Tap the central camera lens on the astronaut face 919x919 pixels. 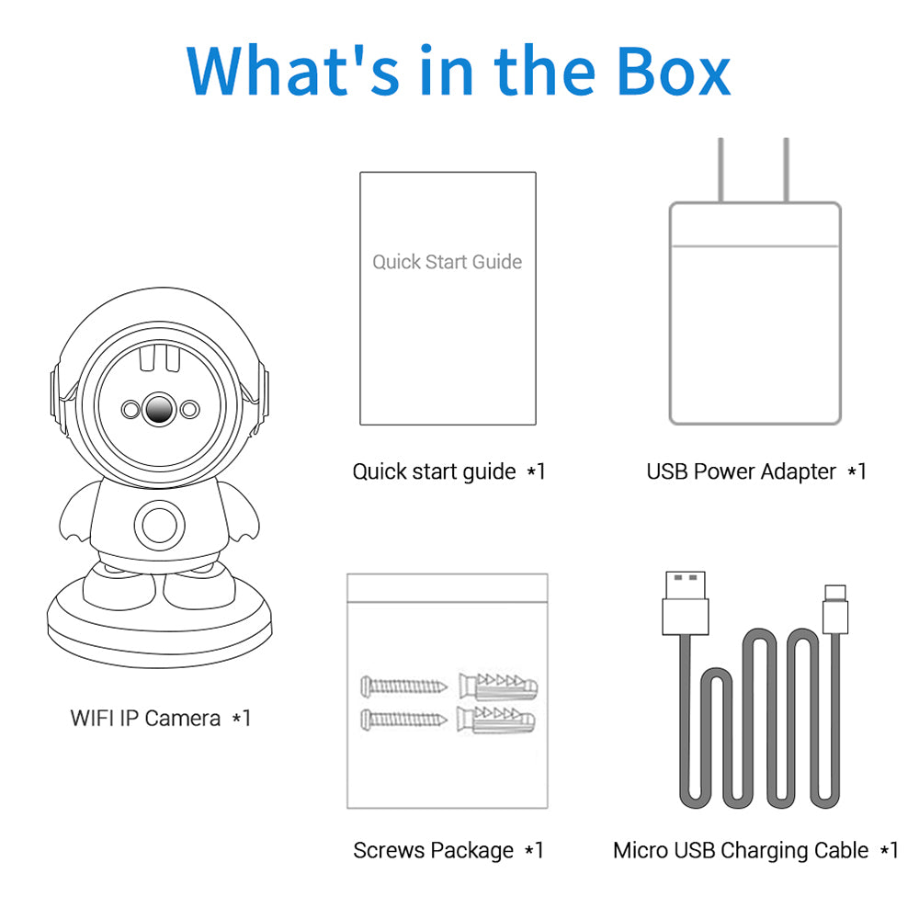pyautogui.click(x=159, y=407)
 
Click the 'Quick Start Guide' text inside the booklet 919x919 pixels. pyautogui.click(x=447, y=262)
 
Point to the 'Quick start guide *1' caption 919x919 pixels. pyautogui.click(x=448, y=471)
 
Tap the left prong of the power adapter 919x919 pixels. pyautogui.click(x=721, y=170)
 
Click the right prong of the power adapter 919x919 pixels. pyautogui.click(x=787, y=170)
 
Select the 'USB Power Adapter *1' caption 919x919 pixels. pyautogui.click(x=756, y=471)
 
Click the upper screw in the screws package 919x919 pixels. pyautogui.click(x=404, y=686)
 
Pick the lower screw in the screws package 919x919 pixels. pyautogui.click(x=404, y=718)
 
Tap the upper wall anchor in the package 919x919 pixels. pyautogui.click(x=497, y=686)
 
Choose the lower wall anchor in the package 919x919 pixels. pyautogui.click(x=497, y=718)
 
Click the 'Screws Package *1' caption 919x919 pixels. pyautogui.click(x=448, y=851)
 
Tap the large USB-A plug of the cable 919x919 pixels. pyautogui.click(x=686, y=603)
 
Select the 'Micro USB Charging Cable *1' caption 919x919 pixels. pyautogui.click(x=755, y=851)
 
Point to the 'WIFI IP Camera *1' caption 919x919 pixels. pyautogui.click(x=161, y=718)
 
